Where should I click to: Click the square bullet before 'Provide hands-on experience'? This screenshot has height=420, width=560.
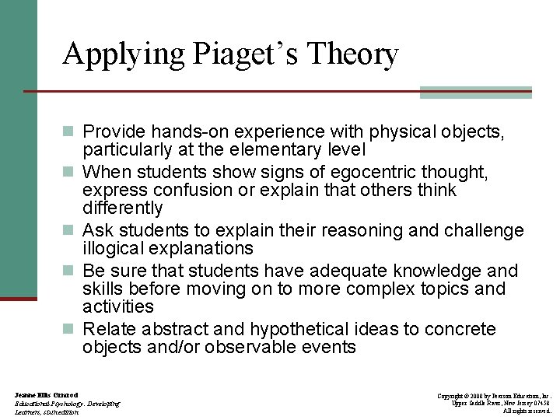coord(71,132)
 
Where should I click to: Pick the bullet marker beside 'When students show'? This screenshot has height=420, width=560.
coord(71,172)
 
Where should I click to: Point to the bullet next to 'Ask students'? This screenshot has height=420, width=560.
coord(71,231)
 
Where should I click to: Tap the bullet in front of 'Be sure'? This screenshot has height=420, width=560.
coord(71,271)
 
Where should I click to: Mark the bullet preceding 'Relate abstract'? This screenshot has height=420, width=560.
coord(71,330)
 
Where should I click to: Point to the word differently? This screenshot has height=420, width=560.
coord(123,208)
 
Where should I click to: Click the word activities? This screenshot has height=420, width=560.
coord(118,307)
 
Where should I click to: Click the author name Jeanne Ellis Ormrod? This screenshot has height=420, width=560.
coord(46,396)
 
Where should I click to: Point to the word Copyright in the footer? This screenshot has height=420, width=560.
coord(453,396)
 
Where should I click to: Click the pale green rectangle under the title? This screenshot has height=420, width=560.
coord(475,93)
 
